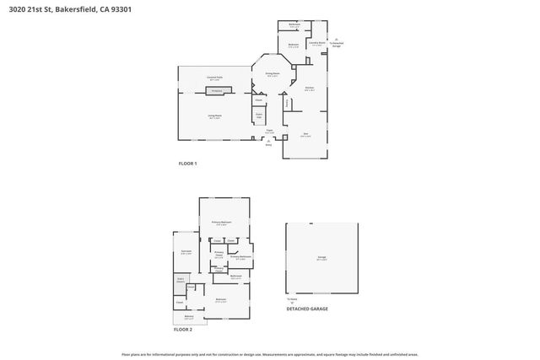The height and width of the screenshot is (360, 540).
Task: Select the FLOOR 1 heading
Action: tap(186, 163)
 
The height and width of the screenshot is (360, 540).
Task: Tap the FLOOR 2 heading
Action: tap(182, 330)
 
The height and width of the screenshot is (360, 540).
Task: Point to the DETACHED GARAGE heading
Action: tap(307, 309)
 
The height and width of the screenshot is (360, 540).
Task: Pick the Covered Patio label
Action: tap(215, 77)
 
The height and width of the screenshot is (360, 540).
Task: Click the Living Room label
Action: tap(215, 116)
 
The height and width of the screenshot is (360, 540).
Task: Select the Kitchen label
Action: tap(310, 88)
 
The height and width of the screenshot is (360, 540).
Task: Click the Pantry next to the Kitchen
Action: tap(288, 103)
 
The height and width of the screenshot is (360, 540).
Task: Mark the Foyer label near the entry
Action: tap(269, 132)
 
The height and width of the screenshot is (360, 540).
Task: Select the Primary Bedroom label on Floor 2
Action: tap(222, 223)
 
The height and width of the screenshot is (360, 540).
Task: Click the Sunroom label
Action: tap(186, 251)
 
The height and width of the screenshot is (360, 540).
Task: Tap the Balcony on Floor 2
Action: tap(189, 317)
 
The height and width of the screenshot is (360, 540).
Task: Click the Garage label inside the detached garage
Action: tap(321, 260)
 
